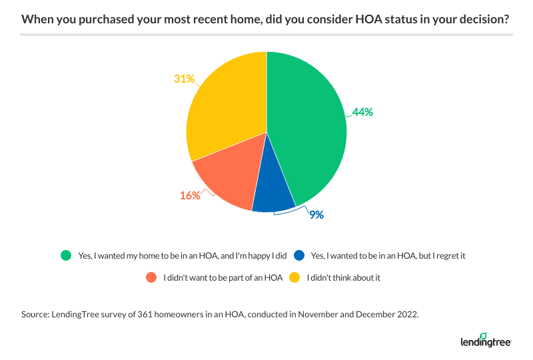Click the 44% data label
click(363, 112)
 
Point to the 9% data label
click(316, 215)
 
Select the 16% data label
click(190, 196)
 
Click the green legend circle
click(65, 255)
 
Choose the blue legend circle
click(299, 255)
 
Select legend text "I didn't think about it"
click(343, 277)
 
